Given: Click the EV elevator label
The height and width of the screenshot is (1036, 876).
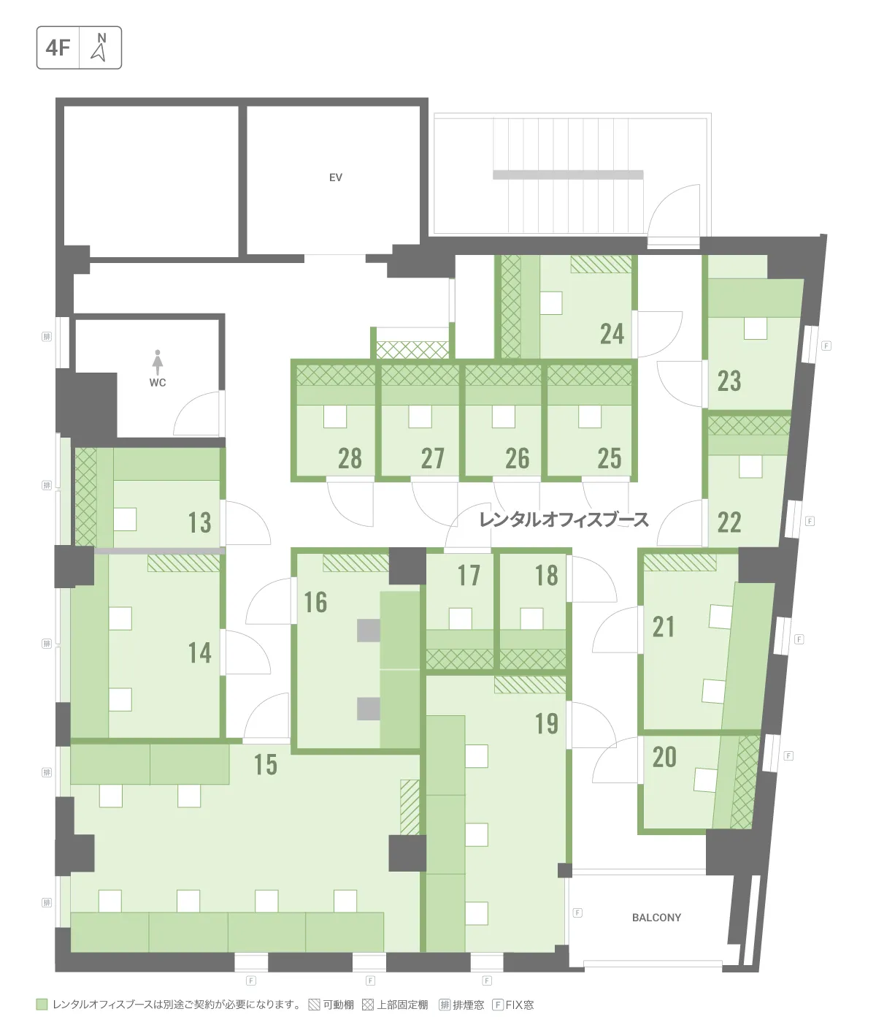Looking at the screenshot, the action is point(336,178).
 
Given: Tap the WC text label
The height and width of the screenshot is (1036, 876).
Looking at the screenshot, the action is point(158,382).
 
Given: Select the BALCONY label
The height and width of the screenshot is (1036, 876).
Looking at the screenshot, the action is point(656,917).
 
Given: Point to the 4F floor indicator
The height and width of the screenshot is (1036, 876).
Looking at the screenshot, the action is point(58,48).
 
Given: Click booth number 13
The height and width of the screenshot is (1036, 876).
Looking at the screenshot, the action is point(199,523).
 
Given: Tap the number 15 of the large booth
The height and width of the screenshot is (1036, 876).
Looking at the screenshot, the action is point(266,764).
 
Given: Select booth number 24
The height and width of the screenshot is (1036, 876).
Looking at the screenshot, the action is point(612,335).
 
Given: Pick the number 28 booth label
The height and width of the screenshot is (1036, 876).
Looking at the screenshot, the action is point(350,458).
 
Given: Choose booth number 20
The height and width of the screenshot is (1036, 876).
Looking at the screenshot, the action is point(664,757).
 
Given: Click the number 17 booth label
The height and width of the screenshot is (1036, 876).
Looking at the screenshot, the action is point(469,576).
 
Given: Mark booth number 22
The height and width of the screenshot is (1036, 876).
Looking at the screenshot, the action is point(729,523).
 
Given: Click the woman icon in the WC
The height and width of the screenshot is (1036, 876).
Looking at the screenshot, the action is point(158,362).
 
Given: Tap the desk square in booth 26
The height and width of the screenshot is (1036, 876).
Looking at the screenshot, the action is point(504,416).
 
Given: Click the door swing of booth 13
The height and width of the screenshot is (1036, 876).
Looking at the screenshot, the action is point(247,523).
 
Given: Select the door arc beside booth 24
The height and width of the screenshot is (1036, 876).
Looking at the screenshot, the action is point(660,335).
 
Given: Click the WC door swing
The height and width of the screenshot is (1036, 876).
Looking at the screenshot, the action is point(196,413).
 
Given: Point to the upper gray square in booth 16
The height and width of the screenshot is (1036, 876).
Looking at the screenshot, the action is point(369,631).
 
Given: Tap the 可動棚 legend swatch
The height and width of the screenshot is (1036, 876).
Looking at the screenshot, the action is point(314,1005).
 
